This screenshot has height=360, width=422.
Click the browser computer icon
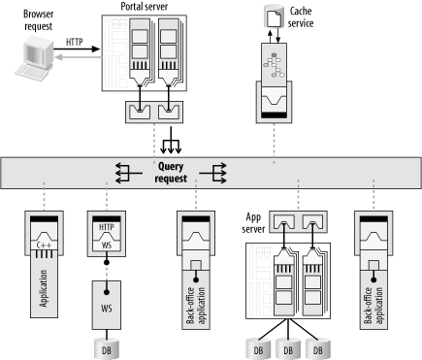[x=34, y=58]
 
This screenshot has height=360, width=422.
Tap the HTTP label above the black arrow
[x=75, y=42]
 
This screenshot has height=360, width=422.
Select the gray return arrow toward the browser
[x=78, y=57]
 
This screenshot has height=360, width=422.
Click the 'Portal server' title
[x=145, y=7]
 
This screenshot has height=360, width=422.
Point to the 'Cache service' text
[x=301, y=17]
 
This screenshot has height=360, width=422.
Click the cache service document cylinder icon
[x=274, y=16]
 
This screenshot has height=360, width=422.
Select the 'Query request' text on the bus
[x=171, y=173]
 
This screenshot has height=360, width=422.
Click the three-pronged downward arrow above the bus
[x=171, y=140]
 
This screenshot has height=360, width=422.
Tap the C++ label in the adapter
[x=45, y=245]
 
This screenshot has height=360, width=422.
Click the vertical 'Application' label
[x=44, y=288]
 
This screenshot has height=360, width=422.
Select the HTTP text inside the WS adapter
[x=107, y=227]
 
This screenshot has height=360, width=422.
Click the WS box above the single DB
[x=107, y=305]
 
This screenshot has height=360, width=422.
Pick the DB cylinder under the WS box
[x=107, y=349]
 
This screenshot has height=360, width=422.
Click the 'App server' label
[x=253, y=223]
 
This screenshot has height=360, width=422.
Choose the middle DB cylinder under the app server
[x=288, y=349]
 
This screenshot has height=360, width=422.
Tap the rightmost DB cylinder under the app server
[x=318, y=349]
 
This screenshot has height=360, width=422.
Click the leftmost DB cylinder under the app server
[x=258, y=349]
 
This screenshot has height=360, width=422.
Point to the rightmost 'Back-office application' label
[x=373, y=306]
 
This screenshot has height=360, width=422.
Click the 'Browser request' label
[x=39, y=20]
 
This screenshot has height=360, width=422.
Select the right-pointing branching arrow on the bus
[x=212, y=174]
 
